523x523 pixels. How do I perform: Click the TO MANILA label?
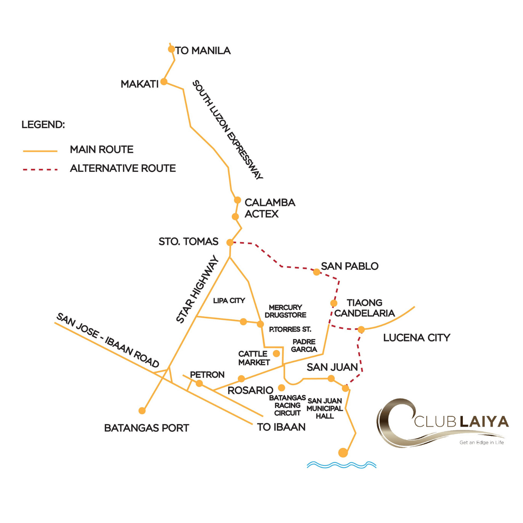[x=203, y=51]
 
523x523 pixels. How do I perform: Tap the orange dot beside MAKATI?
[x=164, y=81]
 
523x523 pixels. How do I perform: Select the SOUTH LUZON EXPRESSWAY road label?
[x=228, y=129]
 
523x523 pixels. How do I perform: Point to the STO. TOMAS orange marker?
[x=230, y=243]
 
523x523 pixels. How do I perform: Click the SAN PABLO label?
[x=349, y=266]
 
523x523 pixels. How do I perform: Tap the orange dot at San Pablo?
[x=316, y=272]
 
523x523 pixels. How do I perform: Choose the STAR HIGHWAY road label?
[x=197, y=289]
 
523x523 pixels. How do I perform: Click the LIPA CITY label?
[x=229, y=301]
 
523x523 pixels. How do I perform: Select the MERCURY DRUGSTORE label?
[x=285, y=311]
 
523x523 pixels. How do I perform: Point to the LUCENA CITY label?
[x=416, y=338]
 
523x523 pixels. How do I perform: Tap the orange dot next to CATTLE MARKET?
[x=277, y=353]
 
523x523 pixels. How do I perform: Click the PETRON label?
[x=207, y=375]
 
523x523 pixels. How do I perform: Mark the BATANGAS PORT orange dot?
[x=142, y=411]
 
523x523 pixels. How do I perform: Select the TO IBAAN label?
[x=281, y=427]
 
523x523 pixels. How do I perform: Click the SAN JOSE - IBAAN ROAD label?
[x=108, y=340]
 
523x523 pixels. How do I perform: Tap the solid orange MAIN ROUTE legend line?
[x=40, y=151]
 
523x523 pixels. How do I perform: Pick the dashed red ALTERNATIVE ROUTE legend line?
[x=40, y=170]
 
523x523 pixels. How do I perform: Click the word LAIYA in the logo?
[x=484, y=422]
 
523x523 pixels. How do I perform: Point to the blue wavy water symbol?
[x=342, y=464]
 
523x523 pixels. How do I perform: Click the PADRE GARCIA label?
[x=304, y=346]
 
